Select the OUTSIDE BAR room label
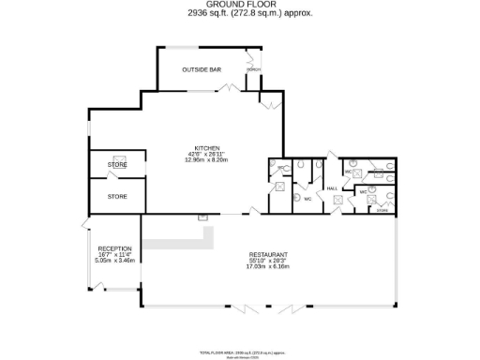point(202,69)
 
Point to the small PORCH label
point(253,70)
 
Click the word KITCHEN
point(206,148)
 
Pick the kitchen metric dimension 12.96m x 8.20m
point(206,160)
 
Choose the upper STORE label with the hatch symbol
point(117,165)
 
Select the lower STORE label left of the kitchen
point(117,197)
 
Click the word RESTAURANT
point(267,254)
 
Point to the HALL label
point(332,188)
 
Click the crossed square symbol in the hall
point(332,197)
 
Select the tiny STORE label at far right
point(382,212)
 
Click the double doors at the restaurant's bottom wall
point(267,307)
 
